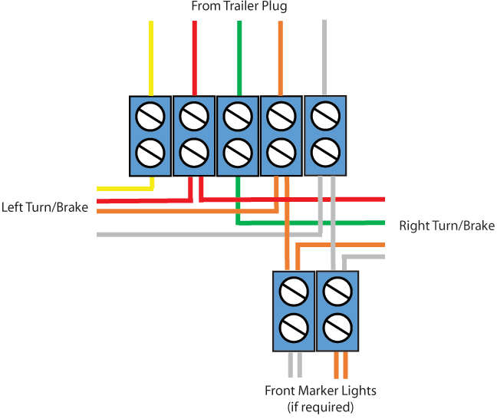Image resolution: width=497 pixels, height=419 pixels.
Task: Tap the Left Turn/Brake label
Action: tap(44, 207)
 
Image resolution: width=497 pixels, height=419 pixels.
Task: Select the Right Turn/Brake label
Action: tap(446, 226)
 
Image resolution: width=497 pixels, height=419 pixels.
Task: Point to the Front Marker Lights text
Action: tap(320, 391)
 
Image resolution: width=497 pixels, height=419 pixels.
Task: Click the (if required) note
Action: tap(320, 407)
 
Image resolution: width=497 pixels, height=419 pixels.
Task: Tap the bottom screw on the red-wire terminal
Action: tap(194, 153)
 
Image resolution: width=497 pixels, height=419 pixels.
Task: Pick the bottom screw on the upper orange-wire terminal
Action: tap(281, 153)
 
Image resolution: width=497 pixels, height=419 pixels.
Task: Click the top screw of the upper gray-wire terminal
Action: tap(325, 117)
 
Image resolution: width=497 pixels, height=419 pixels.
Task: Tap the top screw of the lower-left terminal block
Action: tap(294, 292)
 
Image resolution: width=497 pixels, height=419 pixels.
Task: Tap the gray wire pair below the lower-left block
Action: tap(295, 364)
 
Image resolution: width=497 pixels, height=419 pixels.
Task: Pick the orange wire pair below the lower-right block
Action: tap(341, 364)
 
